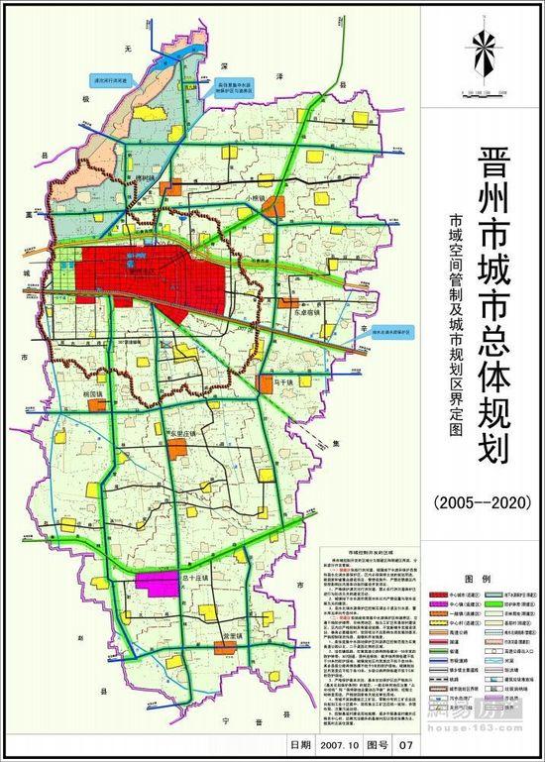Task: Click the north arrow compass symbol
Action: click(x=486, y=54)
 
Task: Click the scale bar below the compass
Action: click(x=486, y=95)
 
